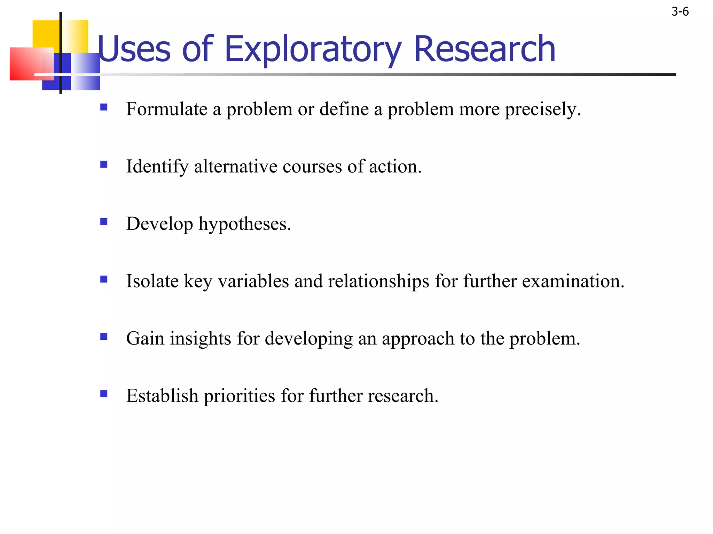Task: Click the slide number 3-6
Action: tap(680, 12)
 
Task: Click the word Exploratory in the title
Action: tap(313, 49)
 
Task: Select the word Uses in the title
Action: tap(134, 49)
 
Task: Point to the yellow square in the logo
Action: tap(47, 35)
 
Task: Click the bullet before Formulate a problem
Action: tap(104, 107)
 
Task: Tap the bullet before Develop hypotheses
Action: tap(104, 222)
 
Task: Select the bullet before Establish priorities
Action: tap(104, 394)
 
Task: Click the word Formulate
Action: tap(167, 109)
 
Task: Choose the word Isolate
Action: tap(152, 281)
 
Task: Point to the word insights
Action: tap(200, 339)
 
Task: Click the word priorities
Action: tap(239, 396)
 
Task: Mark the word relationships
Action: tap(378, 281)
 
